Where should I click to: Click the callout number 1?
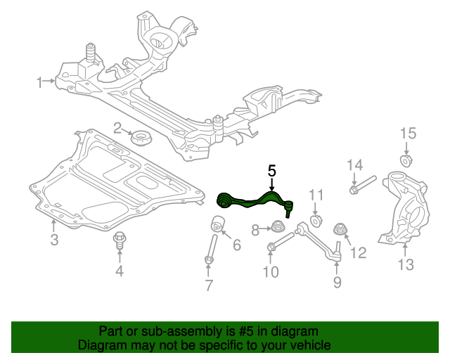coord(41,82)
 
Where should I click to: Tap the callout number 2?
coord(118,128)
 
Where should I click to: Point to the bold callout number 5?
coord(272,170)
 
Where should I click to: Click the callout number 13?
coord(406,264)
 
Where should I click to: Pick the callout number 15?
coord(408,134)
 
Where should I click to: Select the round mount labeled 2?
coord(143,138)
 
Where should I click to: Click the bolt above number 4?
coord(120,241)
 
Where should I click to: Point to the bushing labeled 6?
coord(218,225)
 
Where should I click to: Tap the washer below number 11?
coord(316,221)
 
